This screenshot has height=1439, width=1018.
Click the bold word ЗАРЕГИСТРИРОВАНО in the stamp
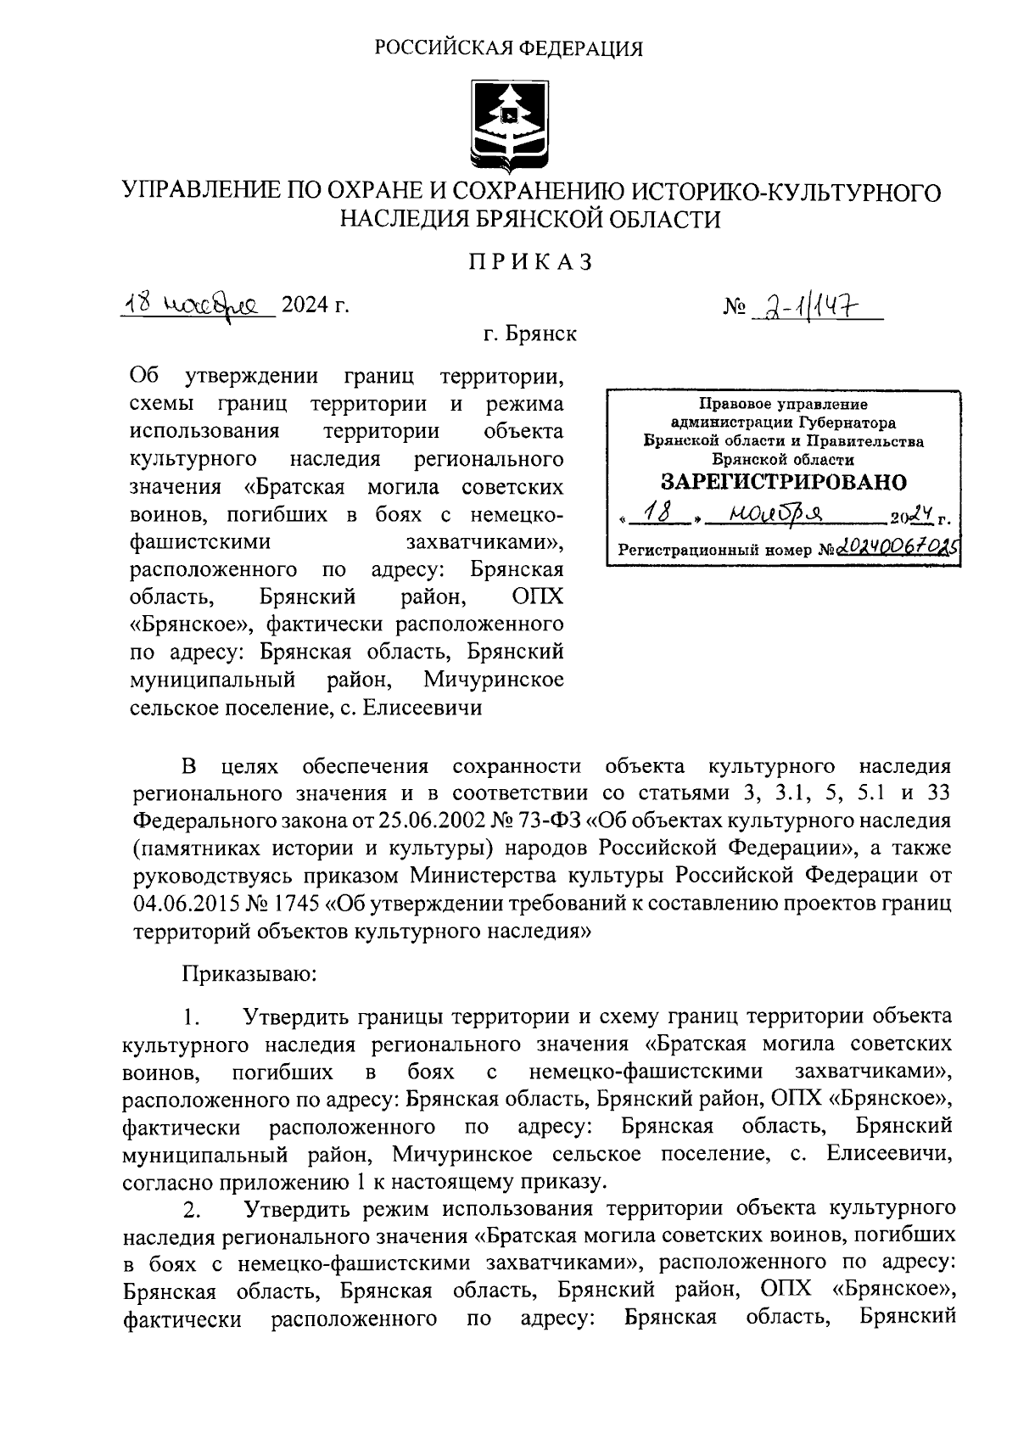(783, 483)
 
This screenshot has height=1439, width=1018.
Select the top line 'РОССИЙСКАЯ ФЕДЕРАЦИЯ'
(509, 48)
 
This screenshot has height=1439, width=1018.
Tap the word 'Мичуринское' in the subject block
(494, 680)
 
